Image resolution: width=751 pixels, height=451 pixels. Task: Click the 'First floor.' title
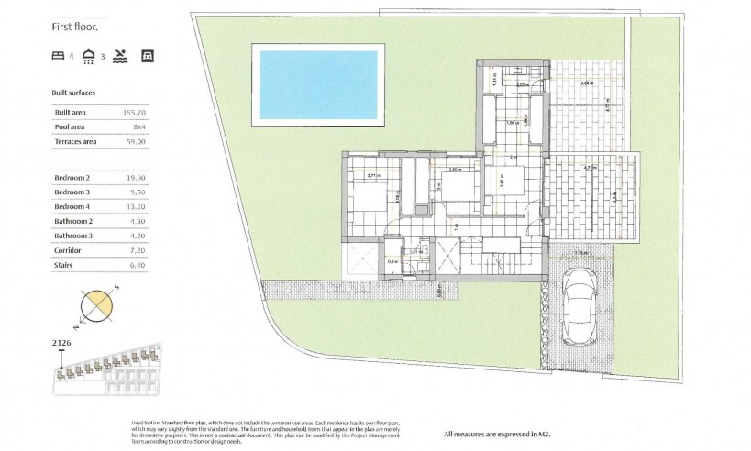click(75, 27)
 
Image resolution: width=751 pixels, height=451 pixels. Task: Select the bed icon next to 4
click(59, 56)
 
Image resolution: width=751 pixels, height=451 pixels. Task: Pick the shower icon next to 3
click(89, 56)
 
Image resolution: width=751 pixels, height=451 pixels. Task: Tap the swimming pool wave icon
click(121, 56)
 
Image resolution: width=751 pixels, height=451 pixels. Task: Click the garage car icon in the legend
click(148, 56)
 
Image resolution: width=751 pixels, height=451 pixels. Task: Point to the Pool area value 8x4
click(138, 126)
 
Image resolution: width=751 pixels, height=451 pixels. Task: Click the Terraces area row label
click(77, 141)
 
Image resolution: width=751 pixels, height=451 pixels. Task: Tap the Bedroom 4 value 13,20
click(136, 207)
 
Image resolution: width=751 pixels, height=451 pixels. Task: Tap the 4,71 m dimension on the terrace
click(590, 168)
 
